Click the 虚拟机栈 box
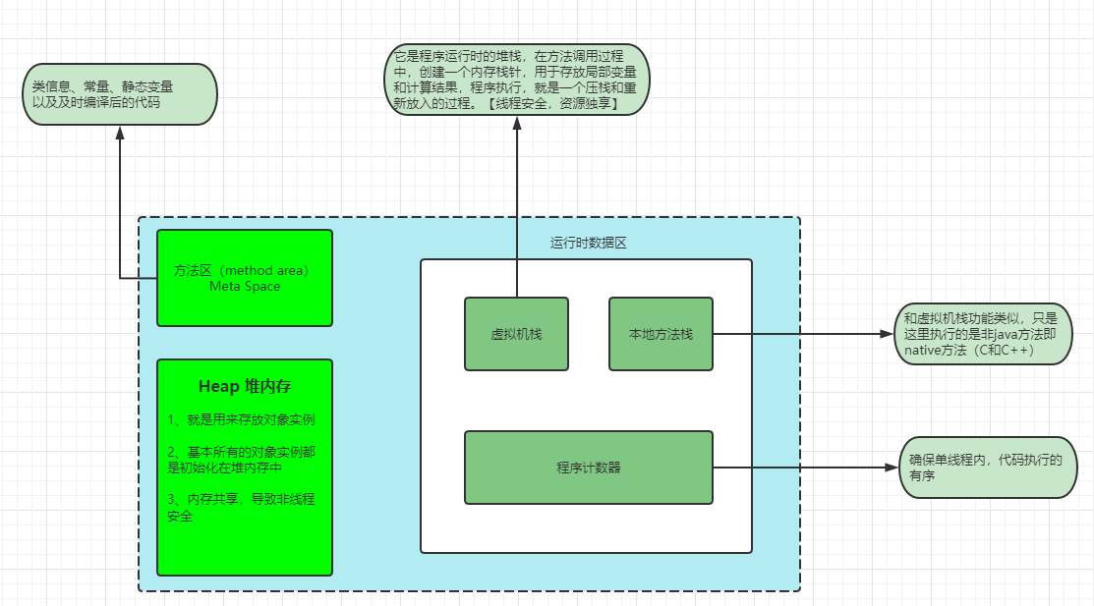[516, 334]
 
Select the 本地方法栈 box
[661, 334]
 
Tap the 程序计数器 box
[588, 468]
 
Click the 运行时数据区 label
[588, 243]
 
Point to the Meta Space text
[245, 287]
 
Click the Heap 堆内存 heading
[244, 387]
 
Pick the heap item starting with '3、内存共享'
[241, 507]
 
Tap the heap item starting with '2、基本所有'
[241, 460]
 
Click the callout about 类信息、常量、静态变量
[119, 94]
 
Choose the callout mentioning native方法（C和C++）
[983, 334]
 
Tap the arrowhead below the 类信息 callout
[119, 133]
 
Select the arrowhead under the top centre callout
[516, 124]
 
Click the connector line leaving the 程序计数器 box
[801, 468]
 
